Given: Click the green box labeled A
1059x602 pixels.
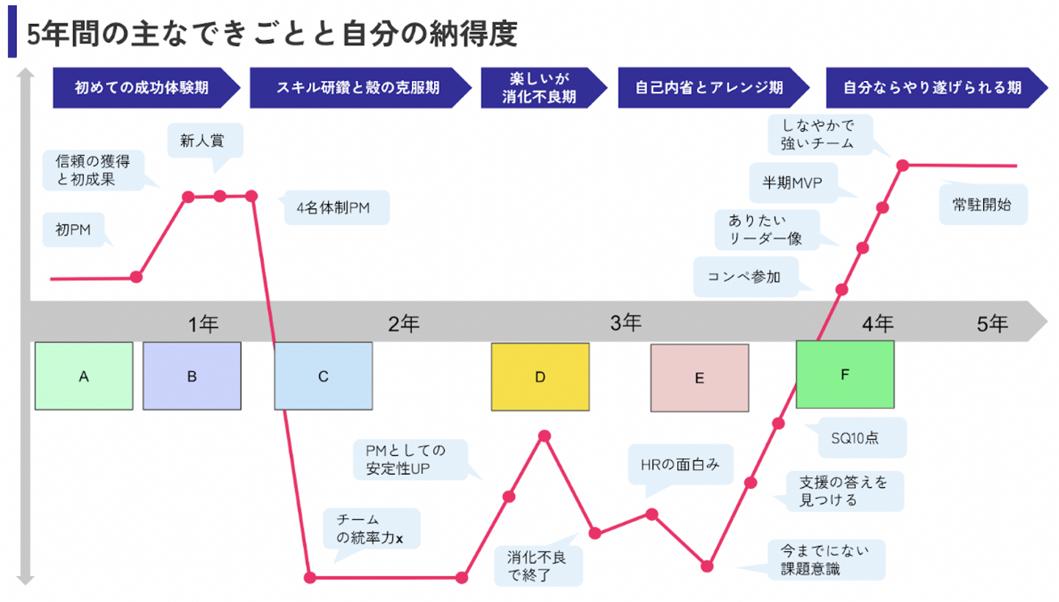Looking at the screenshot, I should tap(84, 376).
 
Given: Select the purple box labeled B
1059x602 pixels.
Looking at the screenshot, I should tap(191, 376).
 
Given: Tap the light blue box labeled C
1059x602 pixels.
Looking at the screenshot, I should tap(323, 376).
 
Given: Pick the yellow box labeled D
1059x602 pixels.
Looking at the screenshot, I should tap(540, 376).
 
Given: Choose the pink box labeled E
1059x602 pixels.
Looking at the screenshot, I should tap(699, 378).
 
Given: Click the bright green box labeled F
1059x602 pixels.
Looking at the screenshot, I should tap(845, 374).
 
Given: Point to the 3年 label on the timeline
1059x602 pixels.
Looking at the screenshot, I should tap(625, 322).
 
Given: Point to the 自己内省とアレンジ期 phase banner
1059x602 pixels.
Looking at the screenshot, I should tap(710, 87).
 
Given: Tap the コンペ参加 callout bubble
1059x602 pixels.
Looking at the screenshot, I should tap(744, 276).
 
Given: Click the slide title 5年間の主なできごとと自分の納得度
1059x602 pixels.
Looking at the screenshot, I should tap(273, 34).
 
